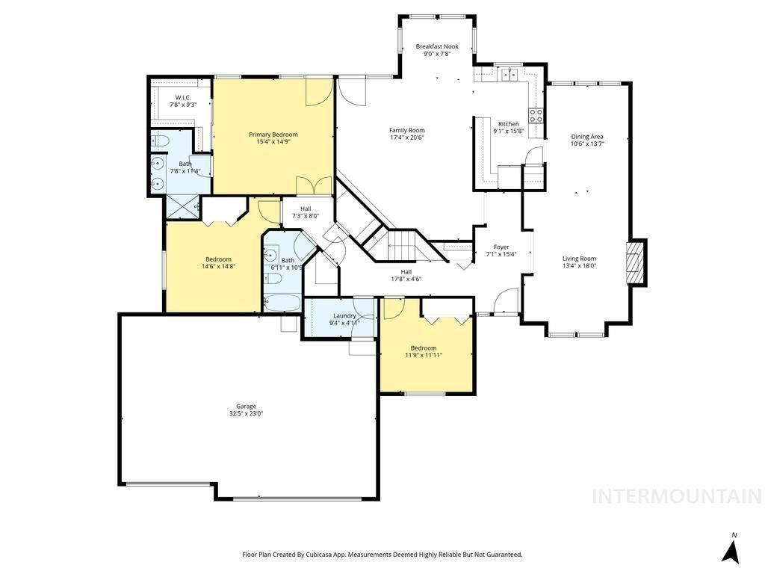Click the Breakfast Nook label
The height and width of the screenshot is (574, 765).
click(437, 46)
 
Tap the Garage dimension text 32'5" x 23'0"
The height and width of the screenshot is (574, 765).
click(246, 413)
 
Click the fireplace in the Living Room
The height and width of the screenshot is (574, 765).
click(636, 262)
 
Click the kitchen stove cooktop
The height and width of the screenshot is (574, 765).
click(536, 115)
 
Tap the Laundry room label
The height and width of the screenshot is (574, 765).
click(344, 315)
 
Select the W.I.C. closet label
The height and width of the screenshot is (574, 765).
click(183, 98)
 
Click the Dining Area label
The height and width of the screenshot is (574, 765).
click(587, 137)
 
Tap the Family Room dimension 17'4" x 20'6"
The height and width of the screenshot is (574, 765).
click(406, 138)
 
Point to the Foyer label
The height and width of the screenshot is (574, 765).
click(501, 247)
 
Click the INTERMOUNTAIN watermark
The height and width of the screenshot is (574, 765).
click(677, 496)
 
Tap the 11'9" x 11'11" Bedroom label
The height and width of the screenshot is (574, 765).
click(424, 351)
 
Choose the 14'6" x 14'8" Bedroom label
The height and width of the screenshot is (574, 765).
click(218, 263)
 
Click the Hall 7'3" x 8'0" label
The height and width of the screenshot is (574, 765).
click(306, 212)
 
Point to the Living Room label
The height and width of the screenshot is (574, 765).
click(579, 259)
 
